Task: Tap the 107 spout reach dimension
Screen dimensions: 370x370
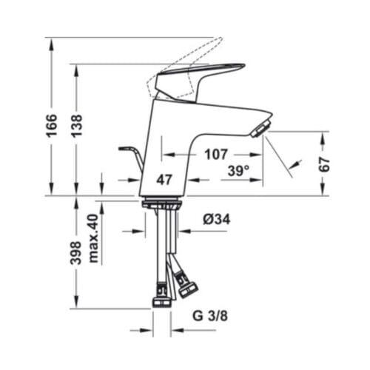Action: (x=215, y=155)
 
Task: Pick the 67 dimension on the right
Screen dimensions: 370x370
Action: (x=325, y=164)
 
